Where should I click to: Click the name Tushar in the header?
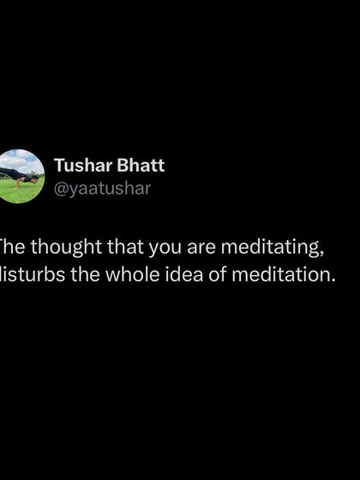79,165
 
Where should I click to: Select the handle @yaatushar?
102,189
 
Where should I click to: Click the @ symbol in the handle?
60,189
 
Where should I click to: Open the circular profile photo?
20,176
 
